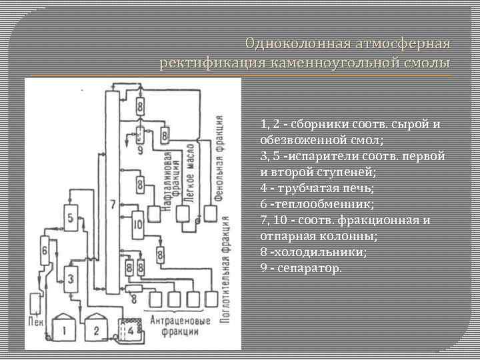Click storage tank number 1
coord(65,329)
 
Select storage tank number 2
coord(96,329)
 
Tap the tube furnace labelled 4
coord(131,329)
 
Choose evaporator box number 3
coord(71,274)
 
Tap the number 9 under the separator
coord(140,150)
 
